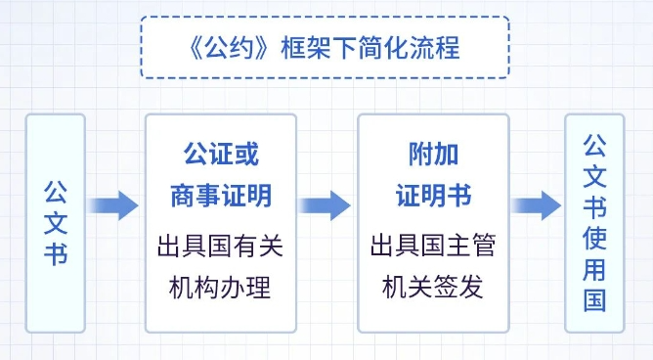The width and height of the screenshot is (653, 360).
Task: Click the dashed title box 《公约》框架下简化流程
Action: pos(326,47)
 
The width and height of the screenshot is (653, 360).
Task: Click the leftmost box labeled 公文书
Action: pos(55,222)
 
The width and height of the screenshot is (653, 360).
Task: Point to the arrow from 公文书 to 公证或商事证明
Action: pos(114,204)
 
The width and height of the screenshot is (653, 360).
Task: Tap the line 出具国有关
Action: pos(221,246)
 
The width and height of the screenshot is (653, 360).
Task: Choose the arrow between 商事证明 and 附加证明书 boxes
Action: pos(325,204)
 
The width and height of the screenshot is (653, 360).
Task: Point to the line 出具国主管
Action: pos(432,246)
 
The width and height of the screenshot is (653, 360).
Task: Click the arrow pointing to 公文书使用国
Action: pos(536,204)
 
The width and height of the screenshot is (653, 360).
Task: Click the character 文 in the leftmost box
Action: pos(55,222)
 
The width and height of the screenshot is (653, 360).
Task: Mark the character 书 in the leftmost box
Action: pos(55,256)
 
